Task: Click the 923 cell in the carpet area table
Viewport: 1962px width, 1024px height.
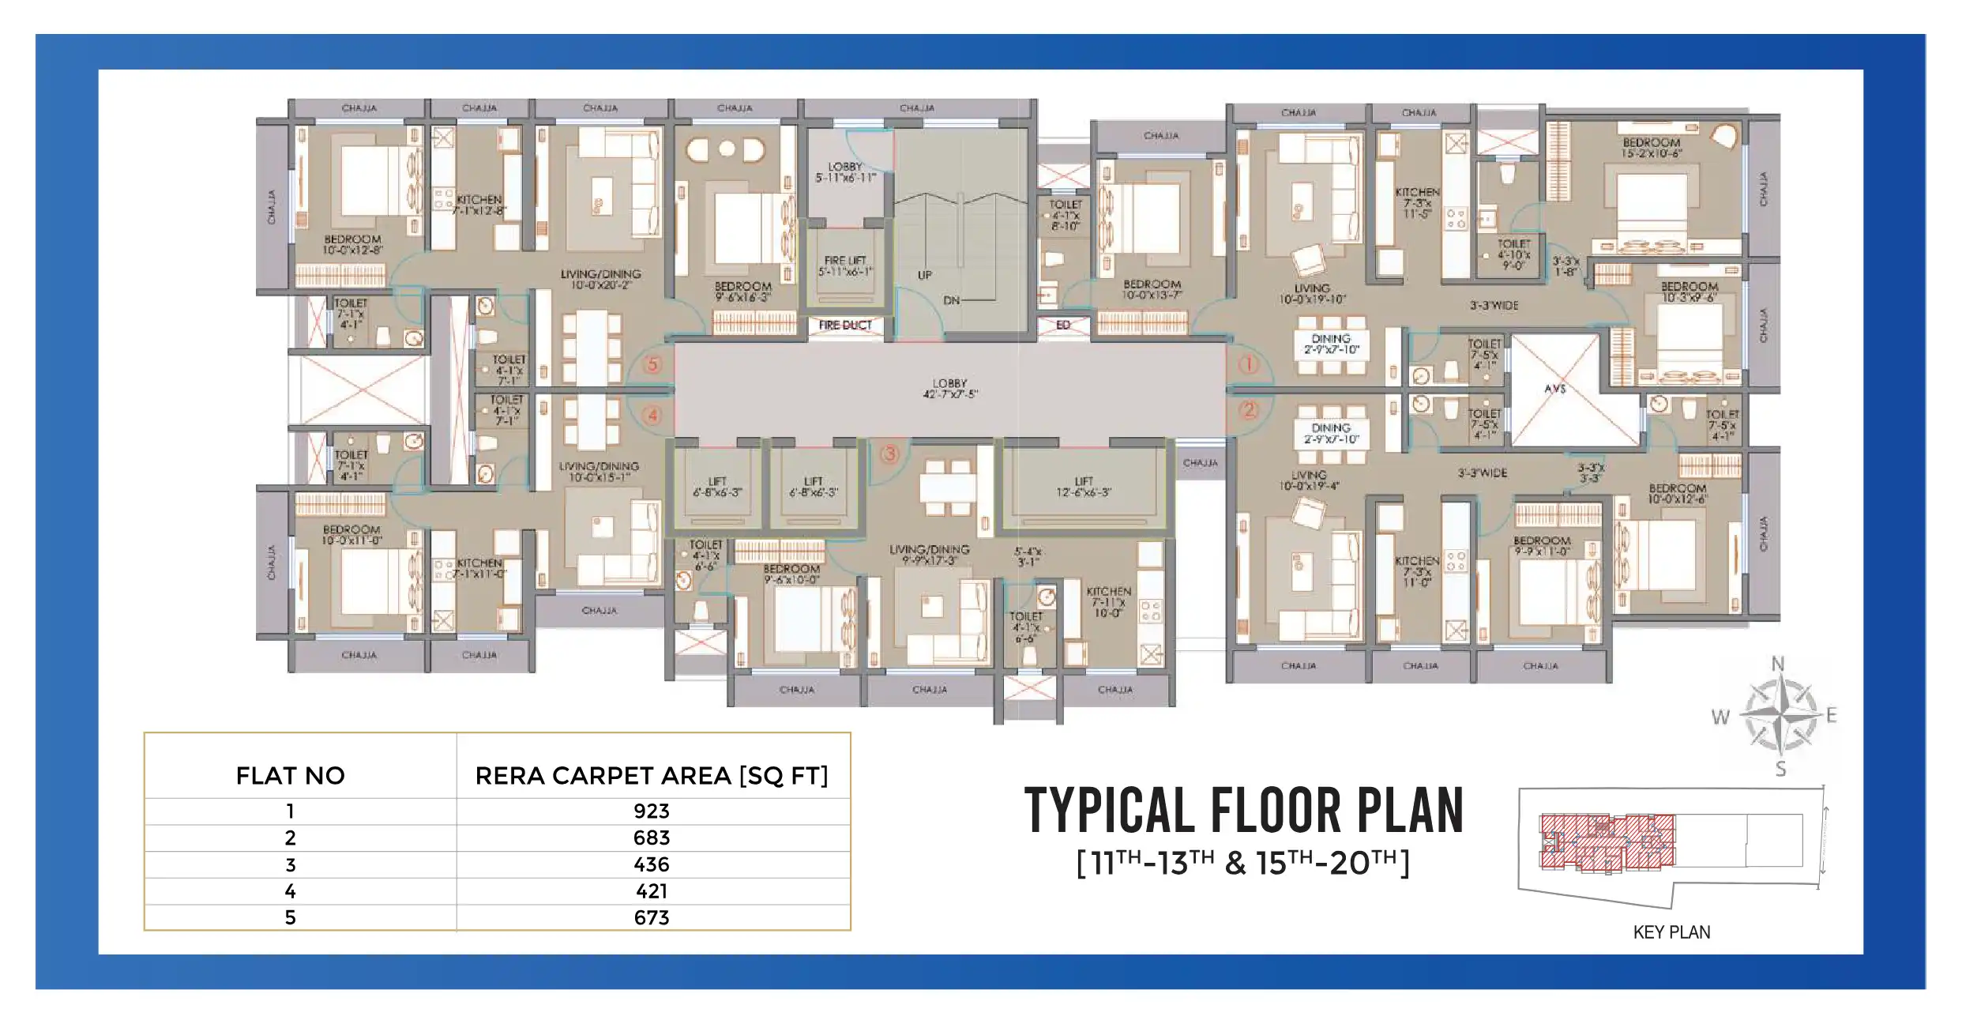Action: point(652,811)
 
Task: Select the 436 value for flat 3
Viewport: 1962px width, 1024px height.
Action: point(652,864)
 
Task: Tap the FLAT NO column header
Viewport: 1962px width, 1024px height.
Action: point(291,776)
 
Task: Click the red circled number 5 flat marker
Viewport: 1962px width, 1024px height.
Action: point(652,365)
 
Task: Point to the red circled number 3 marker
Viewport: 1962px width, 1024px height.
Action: point(890,454)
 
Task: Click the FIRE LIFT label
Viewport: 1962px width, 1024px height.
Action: point(845,265)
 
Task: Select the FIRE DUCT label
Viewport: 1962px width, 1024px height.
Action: point(845,325)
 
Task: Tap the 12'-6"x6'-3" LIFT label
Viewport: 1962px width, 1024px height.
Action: point(1084,487)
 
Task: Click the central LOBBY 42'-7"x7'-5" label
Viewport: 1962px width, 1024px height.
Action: point(950,388)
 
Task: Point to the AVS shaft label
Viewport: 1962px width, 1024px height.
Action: point(1555,389)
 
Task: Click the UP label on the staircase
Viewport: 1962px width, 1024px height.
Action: point(925,275)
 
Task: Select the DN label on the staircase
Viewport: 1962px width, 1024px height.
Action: point(952,300)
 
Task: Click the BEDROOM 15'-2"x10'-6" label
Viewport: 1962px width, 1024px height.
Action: point(1651,148)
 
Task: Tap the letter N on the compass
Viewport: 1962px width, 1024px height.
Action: point(1778,664)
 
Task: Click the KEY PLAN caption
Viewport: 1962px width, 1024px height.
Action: point(1671,932)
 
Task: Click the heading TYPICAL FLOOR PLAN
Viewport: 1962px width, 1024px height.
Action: point(1244,811)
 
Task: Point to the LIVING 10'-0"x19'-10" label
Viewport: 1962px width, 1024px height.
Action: point(1312,294)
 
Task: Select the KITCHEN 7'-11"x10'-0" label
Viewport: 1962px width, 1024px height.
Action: point(1109,602)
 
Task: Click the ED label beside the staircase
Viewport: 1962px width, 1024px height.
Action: point(1063,325)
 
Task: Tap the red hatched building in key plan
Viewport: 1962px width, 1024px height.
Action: point(1607,843)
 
